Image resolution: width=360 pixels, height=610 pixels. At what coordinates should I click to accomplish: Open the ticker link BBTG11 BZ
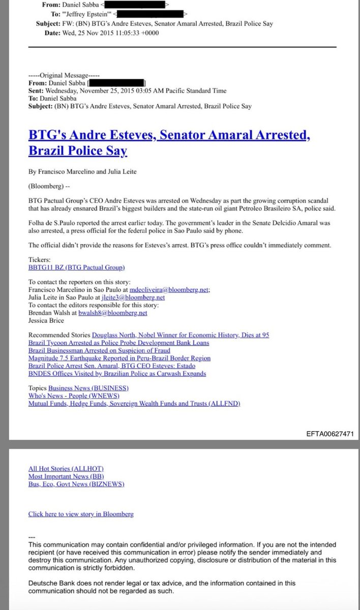pyautogui.click(x=76, y=267)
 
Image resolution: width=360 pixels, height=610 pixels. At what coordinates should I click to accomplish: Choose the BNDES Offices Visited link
pyautogui.click(x=117, y=373)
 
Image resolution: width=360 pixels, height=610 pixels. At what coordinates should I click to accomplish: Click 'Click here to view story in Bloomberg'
pyautogui.click(x=81, y=514)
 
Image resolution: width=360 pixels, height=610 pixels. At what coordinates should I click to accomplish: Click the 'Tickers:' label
pyautogui.click(x=41, y=260)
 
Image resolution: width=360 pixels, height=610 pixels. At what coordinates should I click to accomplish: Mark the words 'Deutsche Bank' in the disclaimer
pyautogui.click(x=51, y=584)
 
